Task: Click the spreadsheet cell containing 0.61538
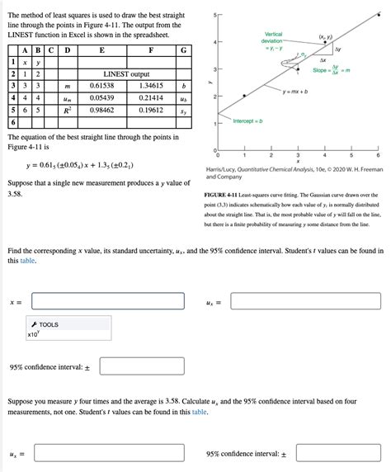click(101, 85)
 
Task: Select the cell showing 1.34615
click(151, 85)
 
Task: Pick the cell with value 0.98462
click(101, 108)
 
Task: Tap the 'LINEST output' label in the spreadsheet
click(126, 73)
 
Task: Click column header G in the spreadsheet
click(183, 50)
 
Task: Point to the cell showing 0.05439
click(101, 97)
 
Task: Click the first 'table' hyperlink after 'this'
click(28, 260)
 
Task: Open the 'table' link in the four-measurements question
click(199, 410)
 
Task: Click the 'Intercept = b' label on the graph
click(247, 121)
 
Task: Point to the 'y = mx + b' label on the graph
click(299, 92)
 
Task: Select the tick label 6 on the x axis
click(378, 154)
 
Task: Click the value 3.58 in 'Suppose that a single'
click(14, 194)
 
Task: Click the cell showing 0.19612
click(151, 108)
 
